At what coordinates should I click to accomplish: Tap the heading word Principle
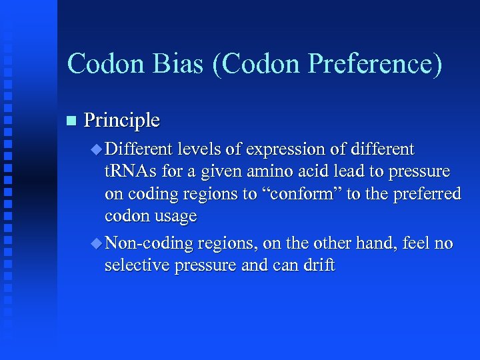pyautogui.click(x=122, y=121)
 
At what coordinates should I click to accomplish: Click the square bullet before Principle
pyautogui.click(x=72, y=121)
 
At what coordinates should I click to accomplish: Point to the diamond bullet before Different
pyautogui.click(x=97, y=149)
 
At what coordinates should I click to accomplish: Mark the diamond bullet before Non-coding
pyautogui.click(x=97, y=243)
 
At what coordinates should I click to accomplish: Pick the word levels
pyautogui.click(x=199, y=149)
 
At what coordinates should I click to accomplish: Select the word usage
pyautogui.click(x=175, y=217)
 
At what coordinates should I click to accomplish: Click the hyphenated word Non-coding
pyautogui.click(x=148, y=243)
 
